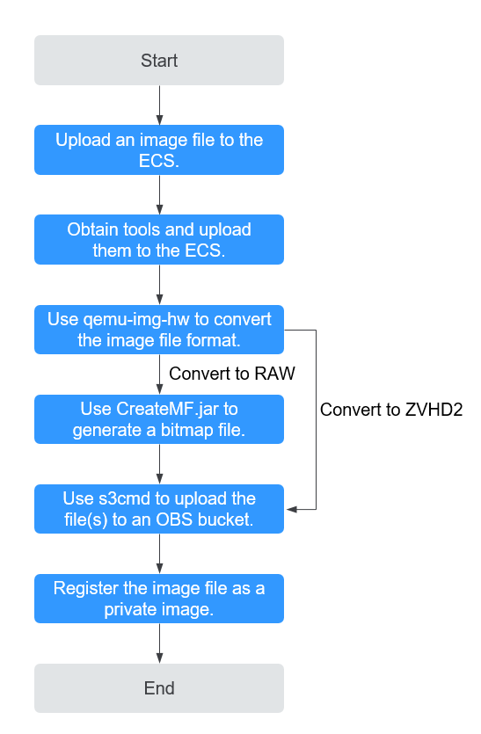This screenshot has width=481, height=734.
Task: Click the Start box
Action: coord(159,61)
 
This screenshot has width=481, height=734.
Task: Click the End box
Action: coord(159,688)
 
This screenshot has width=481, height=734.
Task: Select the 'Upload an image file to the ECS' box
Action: coord(159,149)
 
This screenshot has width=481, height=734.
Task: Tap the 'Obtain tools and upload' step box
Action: coord(159,240)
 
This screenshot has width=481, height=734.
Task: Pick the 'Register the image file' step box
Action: coord(159,599)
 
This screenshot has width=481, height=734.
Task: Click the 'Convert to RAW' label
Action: coord(232,374)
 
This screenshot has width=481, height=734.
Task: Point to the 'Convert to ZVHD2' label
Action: coord(391,410)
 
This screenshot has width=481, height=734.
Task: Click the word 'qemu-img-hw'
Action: coord(136,320)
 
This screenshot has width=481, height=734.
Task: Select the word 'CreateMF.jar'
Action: coord(168,409)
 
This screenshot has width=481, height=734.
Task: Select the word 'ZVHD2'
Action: coord(434,410)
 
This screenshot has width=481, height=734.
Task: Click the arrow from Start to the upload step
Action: coord(160,105)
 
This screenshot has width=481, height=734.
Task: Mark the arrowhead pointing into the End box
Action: coord(160,658)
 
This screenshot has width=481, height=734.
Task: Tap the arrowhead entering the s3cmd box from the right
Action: coord(291,509)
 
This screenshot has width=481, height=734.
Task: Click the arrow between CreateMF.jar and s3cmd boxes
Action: coord(160,464)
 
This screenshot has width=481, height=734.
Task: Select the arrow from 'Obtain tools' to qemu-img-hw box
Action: coord(160,285)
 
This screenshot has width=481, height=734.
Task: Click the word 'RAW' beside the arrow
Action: coord(274,374)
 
